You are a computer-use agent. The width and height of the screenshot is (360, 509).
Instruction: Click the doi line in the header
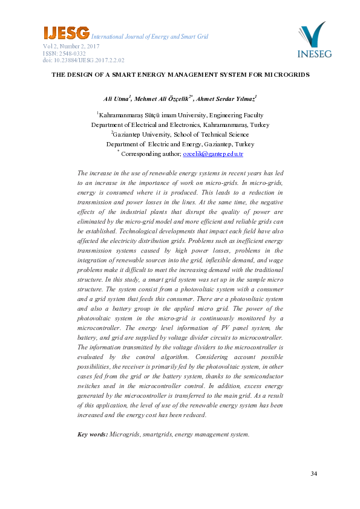pyautogui.click(x=83, y=60)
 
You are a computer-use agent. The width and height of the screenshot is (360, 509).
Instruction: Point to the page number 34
pyautogui.click(x=313, y=473)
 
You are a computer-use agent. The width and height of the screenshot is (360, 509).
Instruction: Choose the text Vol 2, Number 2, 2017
pyautogui.click(x=71, y=46)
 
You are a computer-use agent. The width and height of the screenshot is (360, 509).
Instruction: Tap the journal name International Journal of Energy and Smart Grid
pyautogui.click(x=149, y=37)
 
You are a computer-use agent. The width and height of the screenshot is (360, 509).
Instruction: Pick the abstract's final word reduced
pyautogui.click(x=194, y=415)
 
